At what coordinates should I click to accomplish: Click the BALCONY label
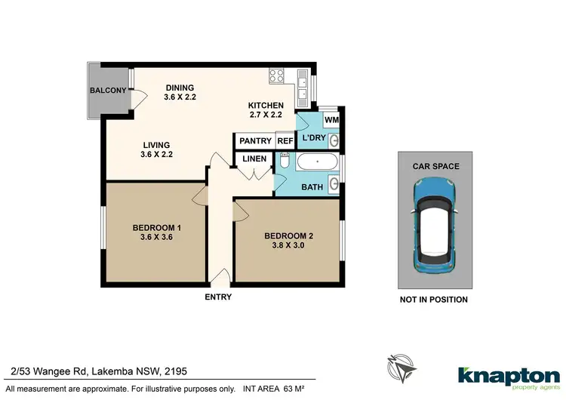[x=108, y=91]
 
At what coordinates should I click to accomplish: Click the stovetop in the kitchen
[x=276, y=75]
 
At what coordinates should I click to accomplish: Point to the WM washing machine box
[x=331, y=120]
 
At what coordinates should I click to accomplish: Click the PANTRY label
[x=255, y=140]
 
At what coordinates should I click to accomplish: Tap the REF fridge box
[x=285, y=140]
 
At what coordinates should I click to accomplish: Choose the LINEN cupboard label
[x=255, y=159]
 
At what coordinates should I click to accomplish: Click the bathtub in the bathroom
[x=317, y=162]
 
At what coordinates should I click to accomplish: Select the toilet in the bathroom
[x=285, y=162]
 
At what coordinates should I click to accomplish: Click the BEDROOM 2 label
[x=288, y=235]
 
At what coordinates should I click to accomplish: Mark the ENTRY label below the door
[x=218, y=297]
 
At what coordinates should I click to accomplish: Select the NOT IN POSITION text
[x=435, y=300]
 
